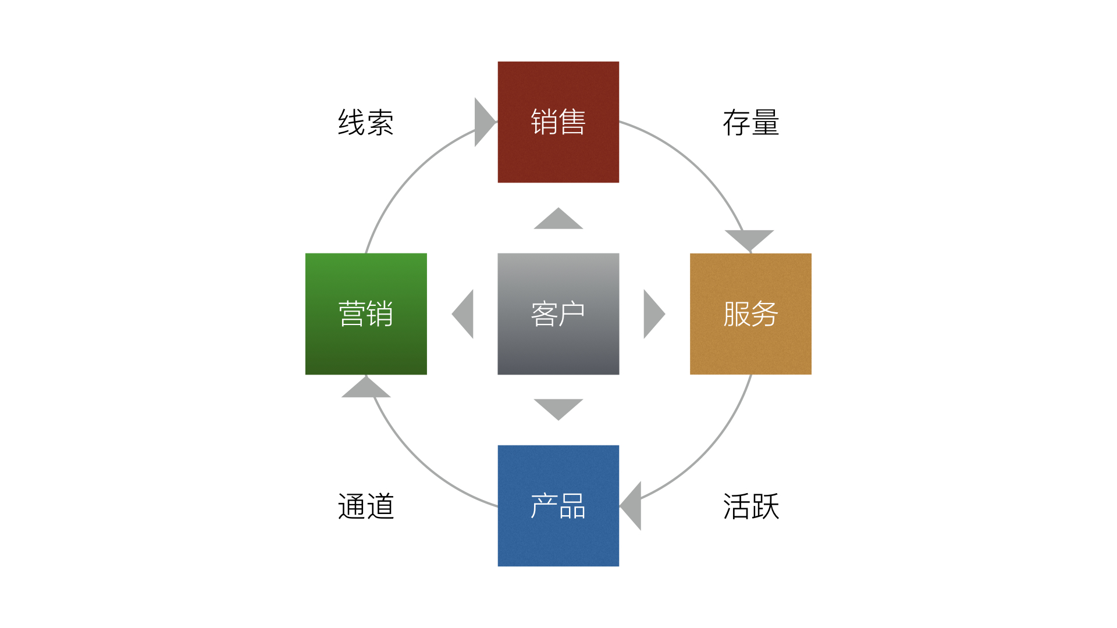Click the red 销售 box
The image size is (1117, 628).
click(558, 122)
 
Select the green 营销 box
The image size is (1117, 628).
click(366, 314)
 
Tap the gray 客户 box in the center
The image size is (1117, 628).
click(558, 314)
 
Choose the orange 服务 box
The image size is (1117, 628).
click(750, 314)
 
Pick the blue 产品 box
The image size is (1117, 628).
click(558, 506)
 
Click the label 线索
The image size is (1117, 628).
click(366, 123)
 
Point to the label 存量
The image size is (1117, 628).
click(750, 123)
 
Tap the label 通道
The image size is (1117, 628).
click(366, 506)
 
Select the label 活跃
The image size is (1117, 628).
click(750, 506)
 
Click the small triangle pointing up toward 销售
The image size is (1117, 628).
click(558, 220)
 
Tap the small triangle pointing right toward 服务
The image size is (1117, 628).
click(652, 314)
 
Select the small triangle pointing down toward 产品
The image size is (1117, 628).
click(558, 408)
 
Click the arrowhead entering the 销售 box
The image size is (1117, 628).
click(483, 122)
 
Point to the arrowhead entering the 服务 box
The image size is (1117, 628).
click(749, 238)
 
